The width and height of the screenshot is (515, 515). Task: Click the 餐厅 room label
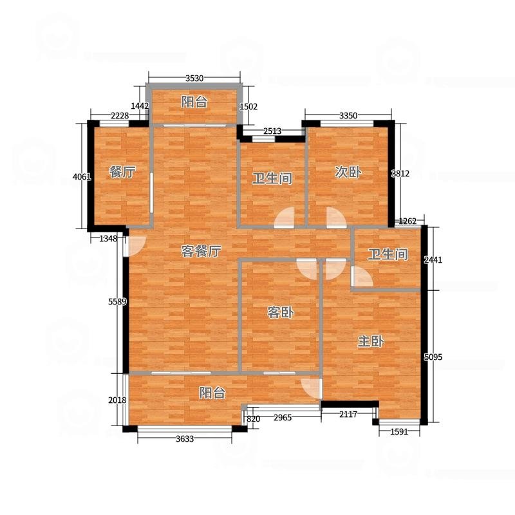tap(122, 172)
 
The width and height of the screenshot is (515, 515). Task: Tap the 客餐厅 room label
tap(201, 251)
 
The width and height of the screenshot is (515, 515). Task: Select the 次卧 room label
tap(348, 172)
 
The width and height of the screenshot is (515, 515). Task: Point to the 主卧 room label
tap(371, 342)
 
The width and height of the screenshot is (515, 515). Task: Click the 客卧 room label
tap(280, 312)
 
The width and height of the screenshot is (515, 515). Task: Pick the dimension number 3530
tap(194, 78)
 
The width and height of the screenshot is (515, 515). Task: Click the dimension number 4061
tap(82, 176)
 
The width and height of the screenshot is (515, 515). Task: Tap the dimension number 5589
tap(117, 301)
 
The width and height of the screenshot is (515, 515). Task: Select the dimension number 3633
tap(185, 439)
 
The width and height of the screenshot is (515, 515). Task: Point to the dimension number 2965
tap(283, 417)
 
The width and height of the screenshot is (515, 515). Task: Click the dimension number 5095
tap(433, 357)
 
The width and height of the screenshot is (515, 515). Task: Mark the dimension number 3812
tap(400, 173)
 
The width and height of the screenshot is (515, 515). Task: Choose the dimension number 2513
tap(272, 131)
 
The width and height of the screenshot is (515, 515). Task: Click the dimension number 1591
tap(399, 431)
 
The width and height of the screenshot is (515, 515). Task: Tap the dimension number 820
tap(253, 419)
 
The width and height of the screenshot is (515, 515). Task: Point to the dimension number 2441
tap(433, 260)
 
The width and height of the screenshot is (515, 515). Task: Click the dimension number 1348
tap(108, 239)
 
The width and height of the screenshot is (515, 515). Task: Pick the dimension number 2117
tap(348, 415)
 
